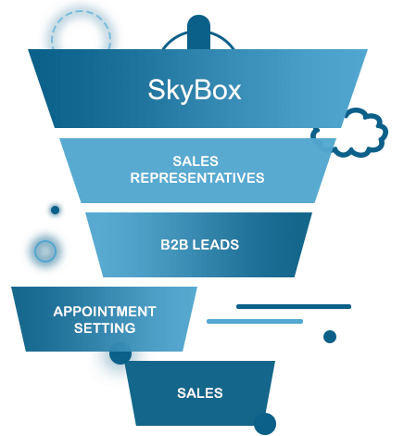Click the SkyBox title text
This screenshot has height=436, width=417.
click(195, 90)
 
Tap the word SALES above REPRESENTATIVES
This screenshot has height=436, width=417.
click(196, 161)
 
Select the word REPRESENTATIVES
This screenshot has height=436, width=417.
click(197, 178)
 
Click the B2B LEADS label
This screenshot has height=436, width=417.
click(199, 245)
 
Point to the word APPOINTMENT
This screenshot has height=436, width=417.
click(105, 312)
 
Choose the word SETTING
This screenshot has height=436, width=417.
click(105, 328)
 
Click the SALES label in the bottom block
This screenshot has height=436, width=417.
click(200, 393)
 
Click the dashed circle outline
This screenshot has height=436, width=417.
click(81, 12)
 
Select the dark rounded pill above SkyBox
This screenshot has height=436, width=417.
click(198, 32)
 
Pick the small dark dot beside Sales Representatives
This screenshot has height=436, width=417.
click(55, 210)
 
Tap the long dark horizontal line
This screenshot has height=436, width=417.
click(294, 306)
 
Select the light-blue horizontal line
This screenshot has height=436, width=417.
click(255, 321)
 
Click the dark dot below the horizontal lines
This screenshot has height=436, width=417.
click(330, 337)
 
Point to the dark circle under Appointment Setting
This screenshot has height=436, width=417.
click(120, 353)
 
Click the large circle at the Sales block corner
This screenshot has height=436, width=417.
click(265, 424)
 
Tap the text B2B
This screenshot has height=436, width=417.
click(174, 245)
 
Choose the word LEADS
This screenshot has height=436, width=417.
click(216, 245)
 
